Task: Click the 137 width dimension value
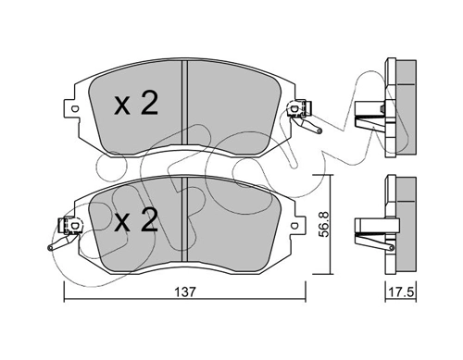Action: pos(185,292)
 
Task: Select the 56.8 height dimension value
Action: pos(323,224)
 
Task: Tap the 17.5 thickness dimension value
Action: pos(401,292)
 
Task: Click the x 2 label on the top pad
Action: pos(136,104)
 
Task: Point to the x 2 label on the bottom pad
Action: pos(136,219)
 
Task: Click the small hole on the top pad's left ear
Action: pos(74,108)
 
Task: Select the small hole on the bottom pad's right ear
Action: pos(294,225)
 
